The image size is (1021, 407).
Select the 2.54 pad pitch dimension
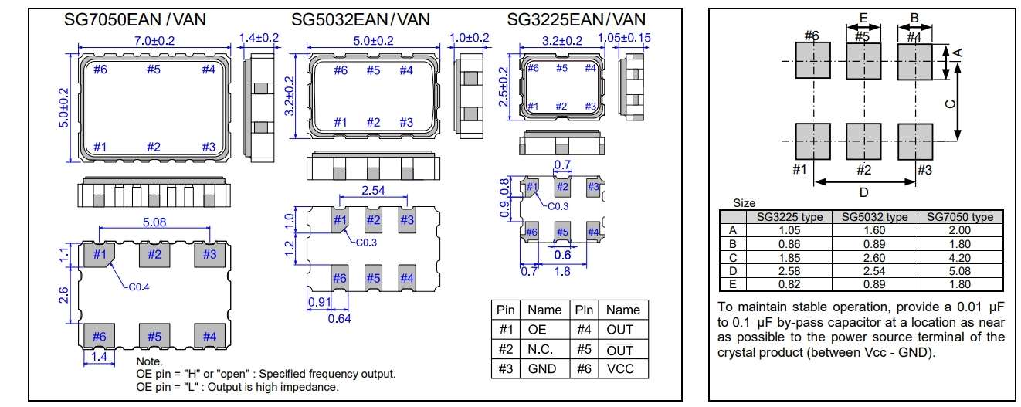(x=374, y=190)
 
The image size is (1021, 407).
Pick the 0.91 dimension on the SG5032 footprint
(x=319, y=303)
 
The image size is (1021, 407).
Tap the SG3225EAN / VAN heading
(x=576, y=19)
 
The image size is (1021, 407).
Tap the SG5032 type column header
(x=875, y=217)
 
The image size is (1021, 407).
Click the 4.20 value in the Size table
(x=960, y=257)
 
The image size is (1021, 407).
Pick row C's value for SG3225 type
(x=789, y=257)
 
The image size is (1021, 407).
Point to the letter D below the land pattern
(x=864, y=192)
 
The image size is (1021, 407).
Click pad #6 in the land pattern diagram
(x=812, y=60)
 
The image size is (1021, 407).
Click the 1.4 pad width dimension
(x=99, y=357)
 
